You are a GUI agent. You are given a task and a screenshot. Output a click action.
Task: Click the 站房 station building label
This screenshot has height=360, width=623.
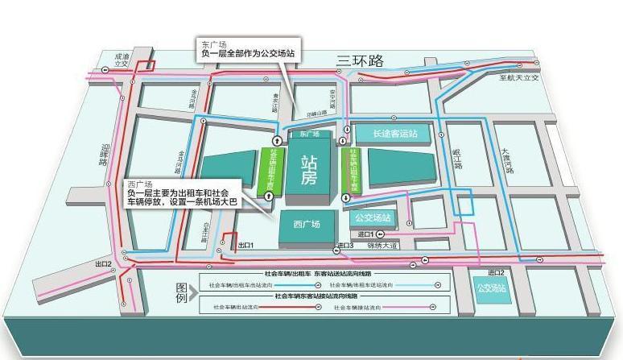[308, 170]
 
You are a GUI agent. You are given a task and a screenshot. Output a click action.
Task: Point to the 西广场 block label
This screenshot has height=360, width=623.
[307, 224]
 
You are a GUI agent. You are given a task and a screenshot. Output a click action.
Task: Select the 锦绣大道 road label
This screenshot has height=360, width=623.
[383, 245]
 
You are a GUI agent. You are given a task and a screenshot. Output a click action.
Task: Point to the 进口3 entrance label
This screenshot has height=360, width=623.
[345, 245]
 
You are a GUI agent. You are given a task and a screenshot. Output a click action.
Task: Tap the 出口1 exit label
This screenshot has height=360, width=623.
[245, 244]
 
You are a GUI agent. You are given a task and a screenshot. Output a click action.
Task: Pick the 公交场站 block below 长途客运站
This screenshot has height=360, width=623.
[373, 217]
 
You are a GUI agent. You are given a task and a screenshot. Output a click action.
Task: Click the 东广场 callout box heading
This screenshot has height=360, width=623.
[211, 43]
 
